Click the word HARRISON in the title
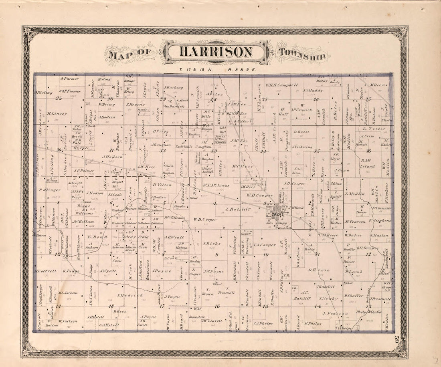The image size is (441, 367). click(216, 52)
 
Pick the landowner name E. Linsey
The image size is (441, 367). click(57, 113)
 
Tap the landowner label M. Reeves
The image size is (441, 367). click(378, 85)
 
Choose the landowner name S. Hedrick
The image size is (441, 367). click(130, 295)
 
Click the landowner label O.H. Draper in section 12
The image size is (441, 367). click(368, 248)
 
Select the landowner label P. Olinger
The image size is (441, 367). click(50, 190)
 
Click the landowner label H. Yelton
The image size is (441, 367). click(162, 185)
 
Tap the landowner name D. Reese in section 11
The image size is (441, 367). click(319, 270)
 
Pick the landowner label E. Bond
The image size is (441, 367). click(95, 236)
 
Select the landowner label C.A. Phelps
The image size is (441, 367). click(263, 323)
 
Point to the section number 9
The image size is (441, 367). click(217, 254)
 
